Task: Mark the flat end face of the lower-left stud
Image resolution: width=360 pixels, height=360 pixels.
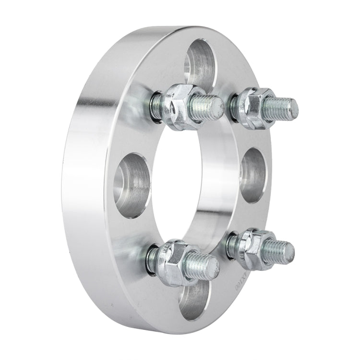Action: [x=213, y=263]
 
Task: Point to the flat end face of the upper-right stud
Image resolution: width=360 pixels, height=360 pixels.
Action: [x=292, y=107]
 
